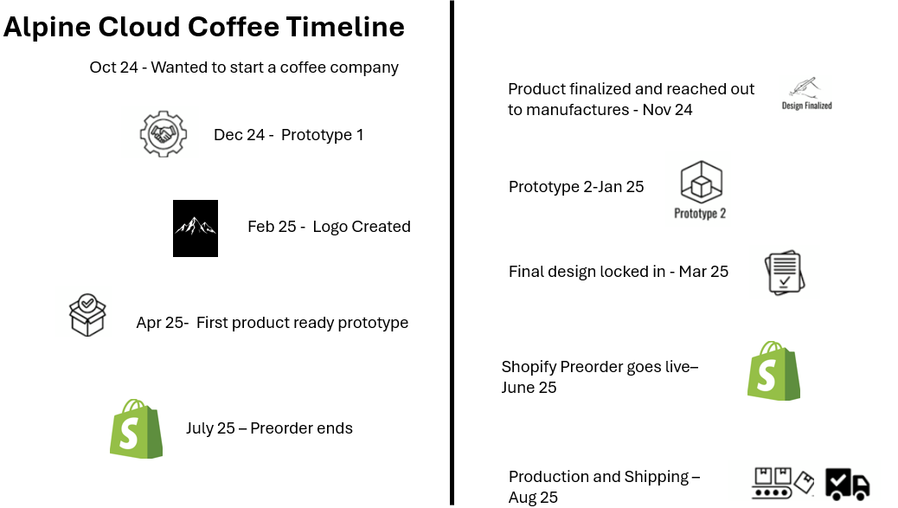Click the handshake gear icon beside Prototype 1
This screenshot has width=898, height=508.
tap(164, 134)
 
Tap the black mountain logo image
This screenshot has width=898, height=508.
tap(196, 228)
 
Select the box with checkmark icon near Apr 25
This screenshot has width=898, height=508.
tap(87, 315)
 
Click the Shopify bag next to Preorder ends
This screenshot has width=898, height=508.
tap(137, 428)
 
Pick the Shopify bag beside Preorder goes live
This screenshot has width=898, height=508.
tap(773, 370)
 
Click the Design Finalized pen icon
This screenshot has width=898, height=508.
tap(806, 93)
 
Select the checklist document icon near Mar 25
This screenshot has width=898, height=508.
tap(785, 273)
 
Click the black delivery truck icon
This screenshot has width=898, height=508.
tap(848, 484)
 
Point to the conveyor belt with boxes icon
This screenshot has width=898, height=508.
tap(782, 483)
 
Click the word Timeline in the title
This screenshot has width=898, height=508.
tap(345, 27)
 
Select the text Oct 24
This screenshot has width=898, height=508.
tap(113, 68)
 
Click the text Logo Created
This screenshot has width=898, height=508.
tap(362, 227)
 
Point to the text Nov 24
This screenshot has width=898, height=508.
tap(667, 109)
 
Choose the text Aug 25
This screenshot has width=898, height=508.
tap(533, 497)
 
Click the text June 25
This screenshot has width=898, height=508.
tap(529, 387)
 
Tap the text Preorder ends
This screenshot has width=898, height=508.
tap(301, 428)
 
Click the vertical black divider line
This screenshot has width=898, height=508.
tap(452, 254)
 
